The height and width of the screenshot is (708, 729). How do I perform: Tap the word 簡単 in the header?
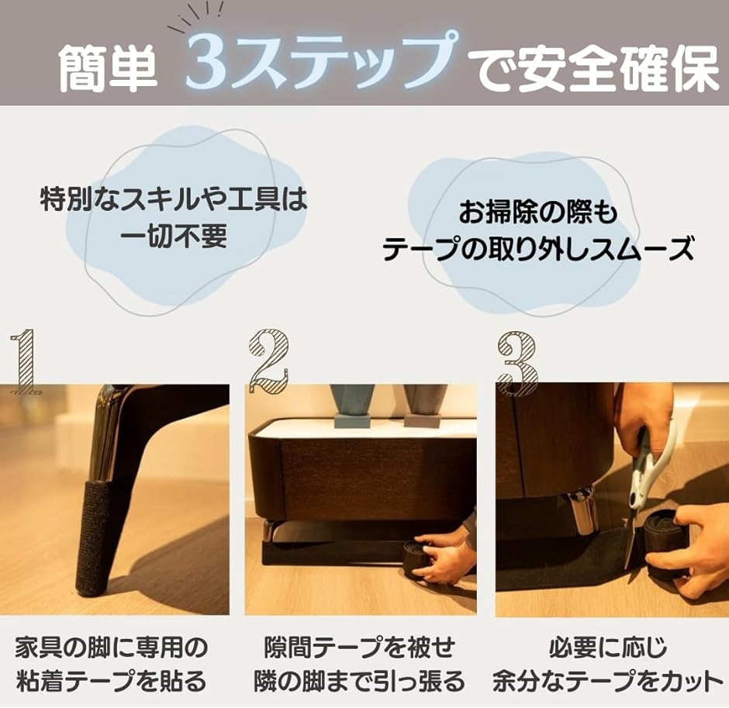coord(109,68)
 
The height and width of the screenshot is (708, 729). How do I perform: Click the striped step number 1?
coord(25,361)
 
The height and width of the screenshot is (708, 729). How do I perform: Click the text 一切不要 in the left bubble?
coord(174,237)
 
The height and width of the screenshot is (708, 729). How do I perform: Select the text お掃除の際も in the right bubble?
coord(538,213)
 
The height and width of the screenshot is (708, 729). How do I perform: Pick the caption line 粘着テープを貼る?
coord(111,682)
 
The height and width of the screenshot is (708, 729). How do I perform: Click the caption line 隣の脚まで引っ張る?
coord(359,682)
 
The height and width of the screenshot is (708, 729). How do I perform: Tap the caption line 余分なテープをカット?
coord(608,682)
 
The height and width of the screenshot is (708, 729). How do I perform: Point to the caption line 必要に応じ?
coord(608,648)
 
